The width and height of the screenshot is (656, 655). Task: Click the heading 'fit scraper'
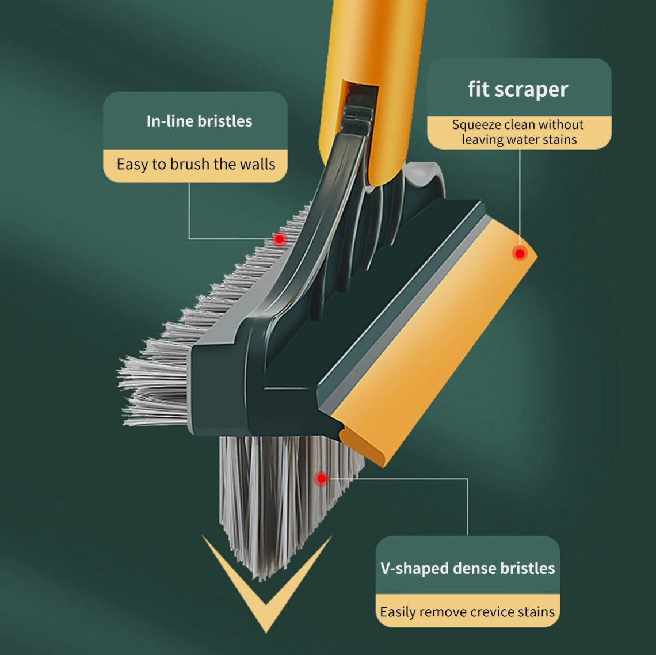[517, 89]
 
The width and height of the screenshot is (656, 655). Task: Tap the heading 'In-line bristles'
[199, 121]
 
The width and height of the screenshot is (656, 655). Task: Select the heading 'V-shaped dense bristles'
[468, 568]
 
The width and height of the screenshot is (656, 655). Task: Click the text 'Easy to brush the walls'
[196, 164]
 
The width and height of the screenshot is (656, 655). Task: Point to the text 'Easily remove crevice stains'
[467, 612]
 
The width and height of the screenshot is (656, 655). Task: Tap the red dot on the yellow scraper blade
[520, 253]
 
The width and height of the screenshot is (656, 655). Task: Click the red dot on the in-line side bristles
[279, 239]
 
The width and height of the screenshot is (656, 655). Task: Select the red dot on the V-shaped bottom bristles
[321, 478]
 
